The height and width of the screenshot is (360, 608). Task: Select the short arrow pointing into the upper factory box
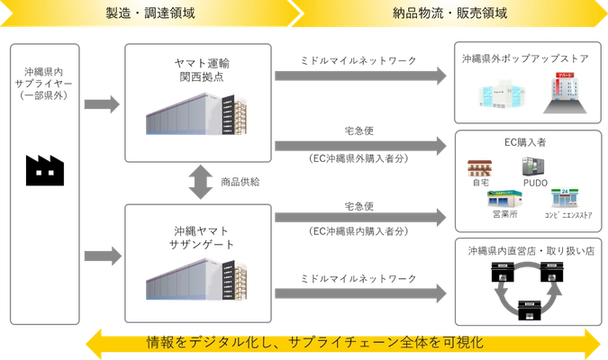pos(102,105)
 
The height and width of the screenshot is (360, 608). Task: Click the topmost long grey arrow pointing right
pos(359,78)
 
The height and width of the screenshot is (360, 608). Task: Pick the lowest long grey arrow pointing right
pos(359,286)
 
